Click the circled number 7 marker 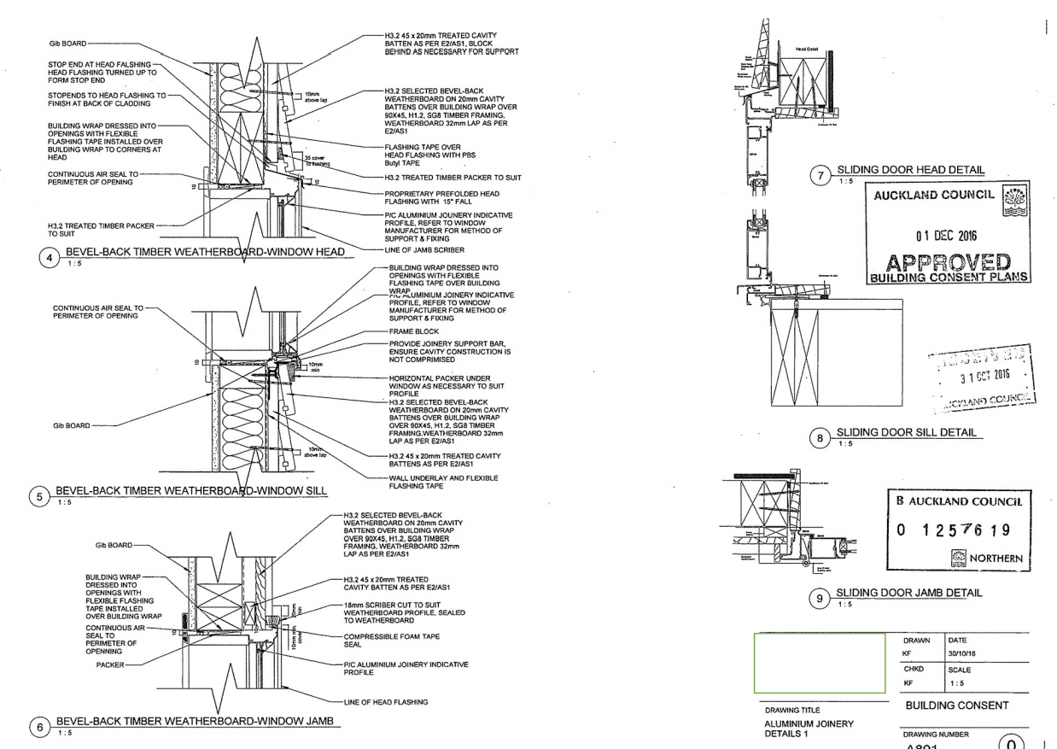click(x=823, y=176)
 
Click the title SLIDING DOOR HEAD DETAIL click(x=907, y=171)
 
